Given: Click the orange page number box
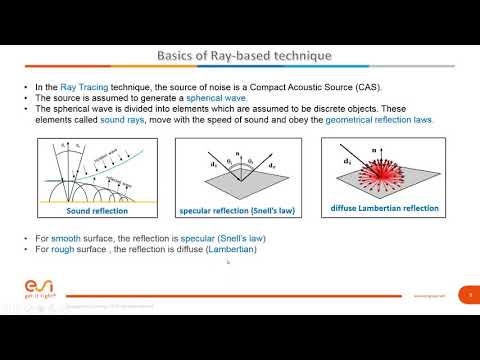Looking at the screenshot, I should click(469, 295).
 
